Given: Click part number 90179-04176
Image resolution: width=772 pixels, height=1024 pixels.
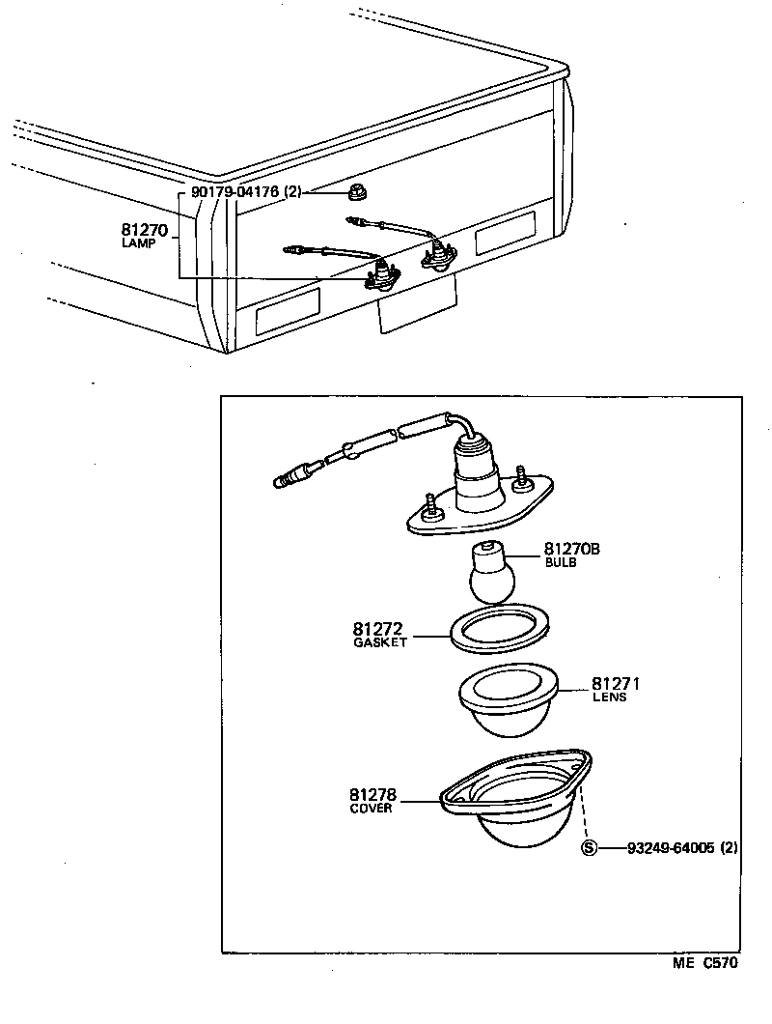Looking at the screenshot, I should coord(234,192).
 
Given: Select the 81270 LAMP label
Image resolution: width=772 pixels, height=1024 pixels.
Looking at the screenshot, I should coord(145,236).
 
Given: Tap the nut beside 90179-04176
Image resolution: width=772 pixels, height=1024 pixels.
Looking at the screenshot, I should coord(357,193).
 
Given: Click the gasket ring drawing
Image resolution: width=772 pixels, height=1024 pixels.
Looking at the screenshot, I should coord(498,630).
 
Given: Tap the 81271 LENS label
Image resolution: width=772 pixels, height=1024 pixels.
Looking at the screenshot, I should coord(616,689).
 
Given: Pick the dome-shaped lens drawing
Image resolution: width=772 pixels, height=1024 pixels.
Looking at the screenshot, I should coord(508,706).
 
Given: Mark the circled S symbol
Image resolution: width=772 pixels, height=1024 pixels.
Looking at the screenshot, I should coord(589,848).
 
